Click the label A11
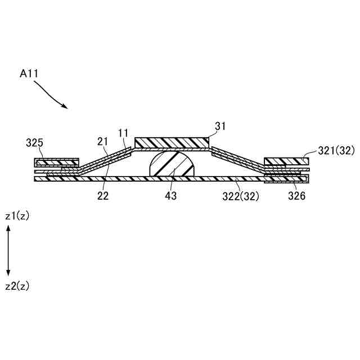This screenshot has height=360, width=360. (29, 74)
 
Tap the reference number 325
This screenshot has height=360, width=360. (35, 143)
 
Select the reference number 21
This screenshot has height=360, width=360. (102, 141)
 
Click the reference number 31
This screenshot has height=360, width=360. (220, 126)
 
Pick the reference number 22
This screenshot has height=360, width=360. (103, 196)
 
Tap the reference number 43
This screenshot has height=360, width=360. (171, 196)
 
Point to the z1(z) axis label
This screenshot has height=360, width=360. (17, 216)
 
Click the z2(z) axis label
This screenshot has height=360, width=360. (17, 286)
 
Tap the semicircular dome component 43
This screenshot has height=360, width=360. (171, 166)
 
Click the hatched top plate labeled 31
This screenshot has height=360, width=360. (172, 143)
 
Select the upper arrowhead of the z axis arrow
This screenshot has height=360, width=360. (8, 227)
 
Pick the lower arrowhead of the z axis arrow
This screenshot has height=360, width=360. (8, 275)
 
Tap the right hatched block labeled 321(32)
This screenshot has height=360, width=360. (286, 161)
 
